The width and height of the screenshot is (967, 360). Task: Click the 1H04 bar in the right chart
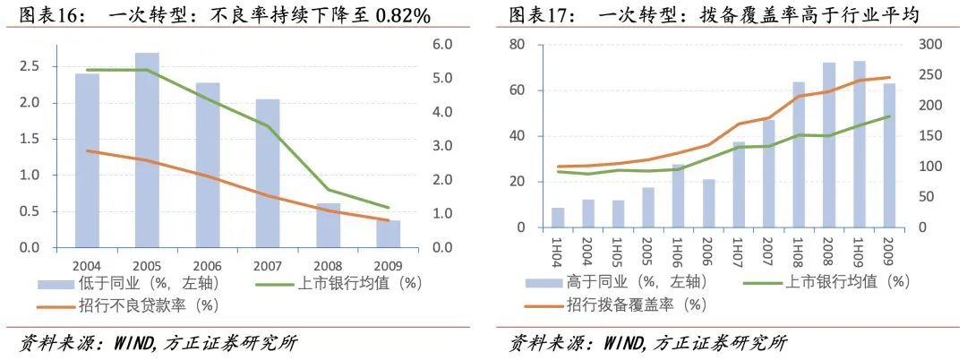[x=558, y=218]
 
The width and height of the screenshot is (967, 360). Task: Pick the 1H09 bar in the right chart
[x=859, y=144]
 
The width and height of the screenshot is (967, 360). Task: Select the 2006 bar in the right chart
[x=708, y=203]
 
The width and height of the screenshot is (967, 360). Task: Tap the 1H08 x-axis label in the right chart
[x=800, y=247]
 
